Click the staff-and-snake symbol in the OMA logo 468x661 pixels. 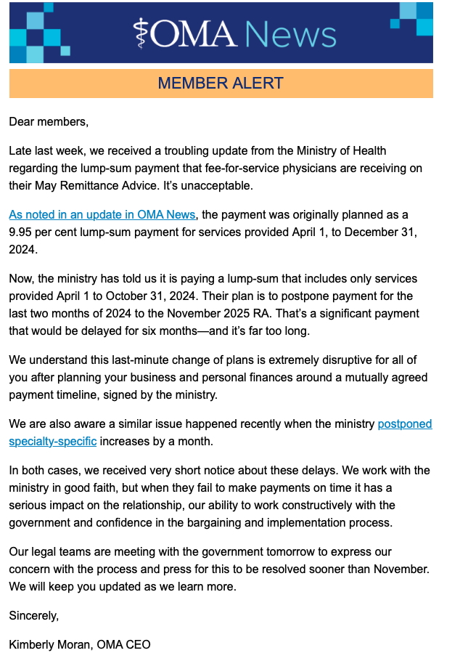(141, 33)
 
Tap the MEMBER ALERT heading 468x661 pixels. (221, 84)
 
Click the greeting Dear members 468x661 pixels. (49, 121)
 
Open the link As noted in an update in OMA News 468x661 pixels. (102, 214)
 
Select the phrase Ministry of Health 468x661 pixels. (341, 150)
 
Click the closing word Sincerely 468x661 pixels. (33, 615)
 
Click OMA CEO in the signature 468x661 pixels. (126, 644)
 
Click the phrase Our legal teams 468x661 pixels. (49, 551)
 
